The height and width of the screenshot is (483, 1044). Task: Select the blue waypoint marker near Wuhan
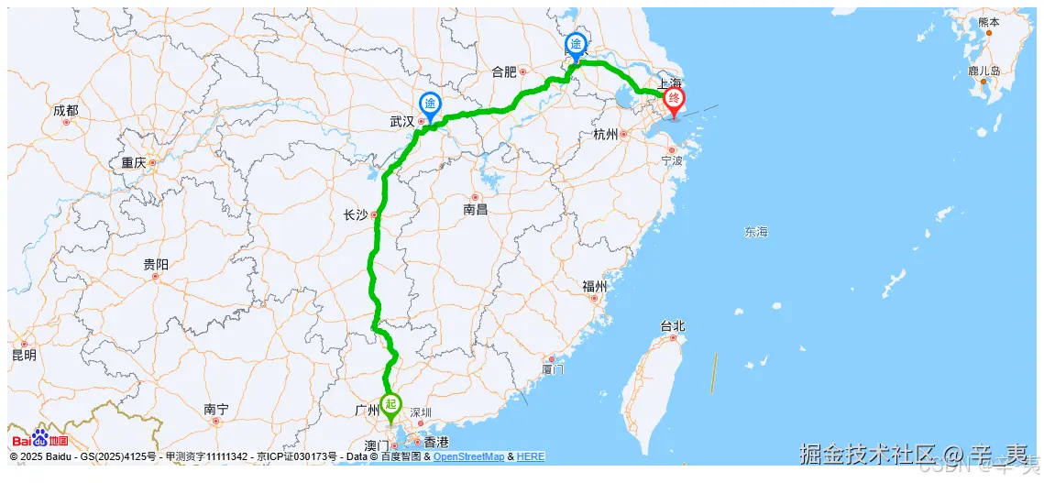(429, 104)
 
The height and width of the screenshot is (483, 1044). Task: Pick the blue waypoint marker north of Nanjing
(577, 45)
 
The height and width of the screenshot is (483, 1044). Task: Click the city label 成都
(66, 110)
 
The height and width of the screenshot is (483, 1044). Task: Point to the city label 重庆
(133, 163)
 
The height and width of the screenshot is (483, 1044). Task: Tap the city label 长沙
(355, 215)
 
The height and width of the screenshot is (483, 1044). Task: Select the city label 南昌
(475, 209)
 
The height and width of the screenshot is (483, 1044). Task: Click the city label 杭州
(606, 135)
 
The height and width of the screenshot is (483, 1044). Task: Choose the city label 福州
(594, 286)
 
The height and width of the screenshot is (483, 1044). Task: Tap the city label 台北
(673, 325)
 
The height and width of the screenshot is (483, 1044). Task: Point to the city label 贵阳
(156, 264)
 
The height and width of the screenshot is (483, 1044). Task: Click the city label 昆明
(24, 355)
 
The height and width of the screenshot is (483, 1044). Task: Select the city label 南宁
(216, 409)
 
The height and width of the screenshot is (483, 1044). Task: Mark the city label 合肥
(504, 71)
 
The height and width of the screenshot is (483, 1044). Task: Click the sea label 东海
(756, 232)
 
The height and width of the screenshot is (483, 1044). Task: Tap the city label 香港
(436, 443)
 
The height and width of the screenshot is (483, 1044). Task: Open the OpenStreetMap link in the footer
(468, 456)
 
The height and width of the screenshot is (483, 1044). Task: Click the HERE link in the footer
(531, 456)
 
